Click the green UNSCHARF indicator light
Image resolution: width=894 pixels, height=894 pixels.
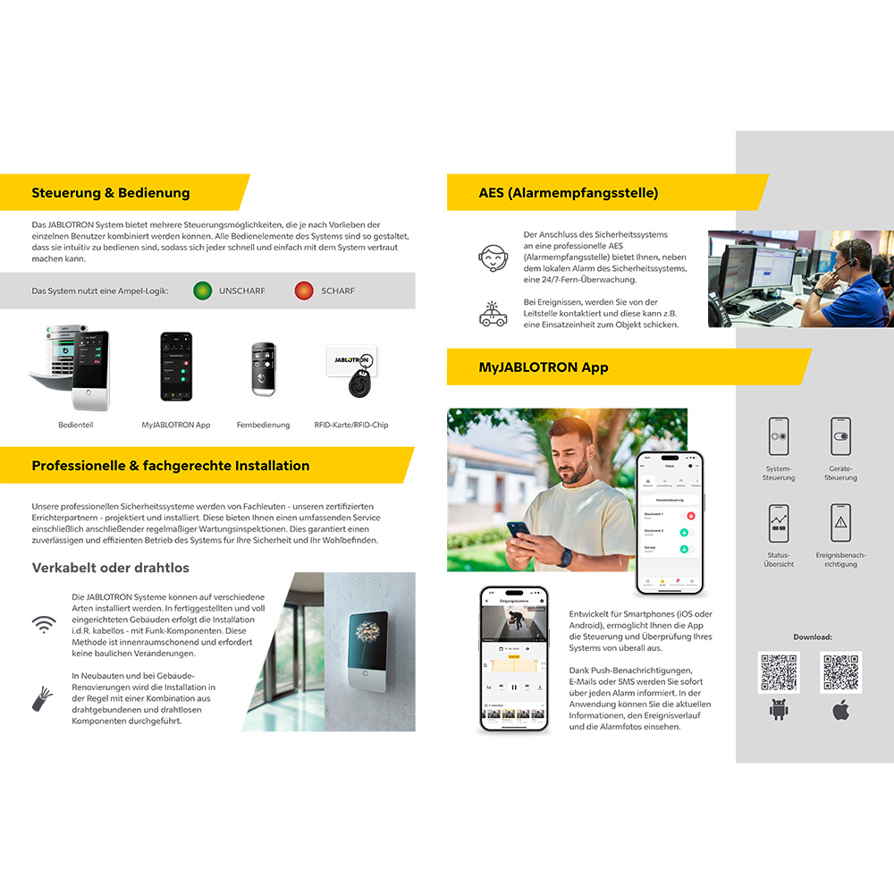click(203, 291)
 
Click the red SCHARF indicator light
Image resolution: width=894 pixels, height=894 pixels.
click(304, 291)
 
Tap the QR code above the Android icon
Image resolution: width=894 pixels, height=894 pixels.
click(779, 673)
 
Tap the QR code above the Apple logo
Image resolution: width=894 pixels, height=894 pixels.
click(840, 673)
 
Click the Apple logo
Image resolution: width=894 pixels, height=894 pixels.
click(840, 711)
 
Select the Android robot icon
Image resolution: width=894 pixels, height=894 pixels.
click(779, 711)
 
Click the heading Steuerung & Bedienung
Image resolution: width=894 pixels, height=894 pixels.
click(111, 192)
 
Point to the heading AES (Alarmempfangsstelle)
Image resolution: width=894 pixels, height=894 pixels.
click(569, 192)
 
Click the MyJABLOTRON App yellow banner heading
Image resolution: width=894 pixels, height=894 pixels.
click(544, 367)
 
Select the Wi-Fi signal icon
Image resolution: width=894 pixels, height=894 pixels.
click(43, 625)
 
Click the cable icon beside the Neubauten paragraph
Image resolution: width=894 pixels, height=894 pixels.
click(43, 699)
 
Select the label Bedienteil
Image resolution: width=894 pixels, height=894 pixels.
click(76, 425)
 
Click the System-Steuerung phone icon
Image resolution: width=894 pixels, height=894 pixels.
click(779, 436)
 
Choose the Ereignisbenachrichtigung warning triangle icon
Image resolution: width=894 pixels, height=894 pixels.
click(840, 524)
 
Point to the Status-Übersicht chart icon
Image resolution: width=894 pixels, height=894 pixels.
click(779, 524)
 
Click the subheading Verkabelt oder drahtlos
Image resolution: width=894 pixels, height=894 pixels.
click(111, 568)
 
